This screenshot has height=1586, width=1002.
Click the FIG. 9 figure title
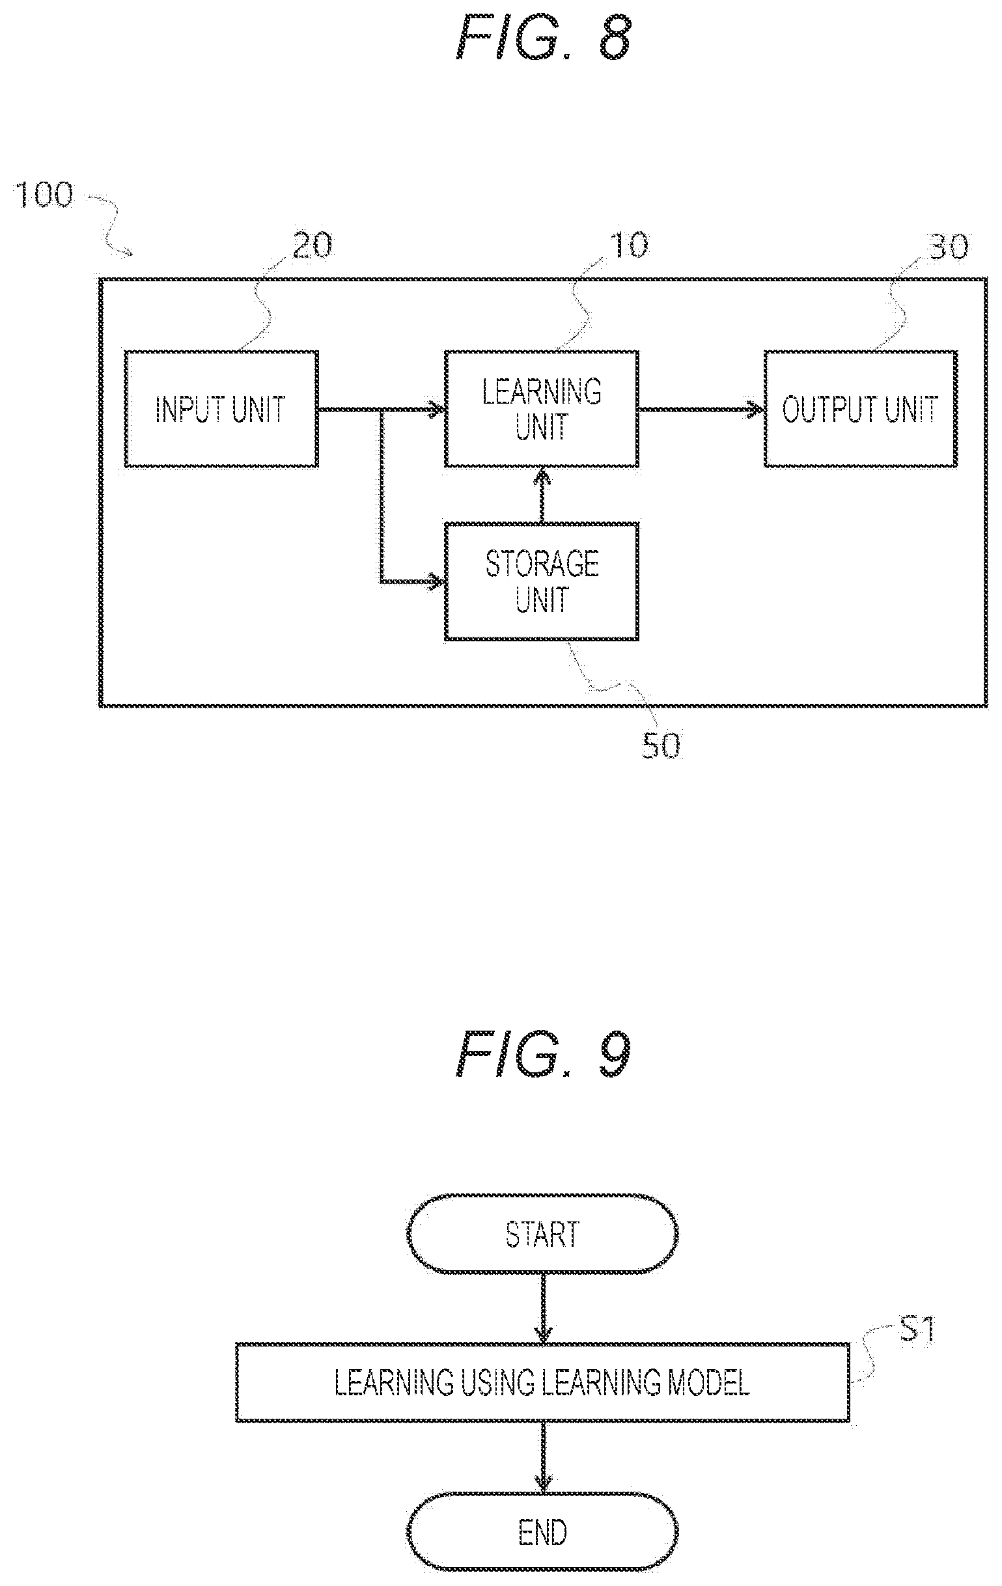[x=544, y=1053]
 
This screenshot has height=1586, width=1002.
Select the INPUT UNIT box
[x=221, y=409]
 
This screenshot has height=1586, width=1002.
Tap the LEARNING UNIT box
[x=542, y=409]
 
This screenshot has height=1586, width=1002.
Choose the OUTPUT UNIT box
[x=860, y=409]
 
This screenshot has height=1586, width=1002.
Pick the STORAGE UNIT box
[x=542, y=581]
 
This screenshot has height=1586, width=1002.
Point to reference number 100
[x=45, y=195]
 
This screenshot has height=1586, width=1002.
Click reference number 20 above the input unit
[x=313, y=246]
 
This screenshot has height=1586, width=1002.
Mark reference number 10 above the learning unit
[x=629, y=245]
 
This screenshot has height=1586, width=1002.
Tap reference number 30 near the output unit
[x=949, y=247]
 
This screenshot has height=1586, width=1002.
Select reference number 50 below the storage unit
[x=661, y=746]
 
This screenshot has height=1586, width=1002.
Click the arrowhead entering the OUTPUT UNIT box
[x=757, y=409]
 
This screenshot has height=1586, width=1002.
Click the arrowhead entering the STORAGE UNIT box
[x=438, y=581]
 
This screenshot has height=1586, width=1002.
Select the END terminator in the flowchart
[x=542, y=1531]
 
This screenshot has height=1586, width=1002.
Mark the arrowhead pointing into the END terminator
[x=542, y=1484]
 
